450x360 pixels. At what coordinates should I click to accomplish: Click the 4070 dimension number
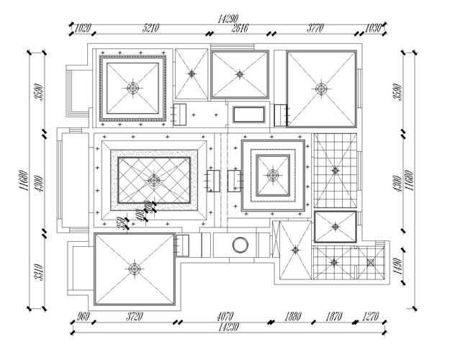[225, 317]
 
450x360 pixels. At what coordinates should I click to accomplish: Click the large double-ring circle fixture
[238, 246]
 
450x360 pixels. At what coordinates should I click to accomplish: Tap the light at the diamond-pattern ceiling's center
[153, 180]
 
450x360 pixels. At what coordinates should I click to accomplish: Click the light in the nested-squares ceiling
[272, 174]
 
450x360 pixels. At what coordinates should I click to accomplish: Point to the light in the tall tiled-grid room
[334, 170]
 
